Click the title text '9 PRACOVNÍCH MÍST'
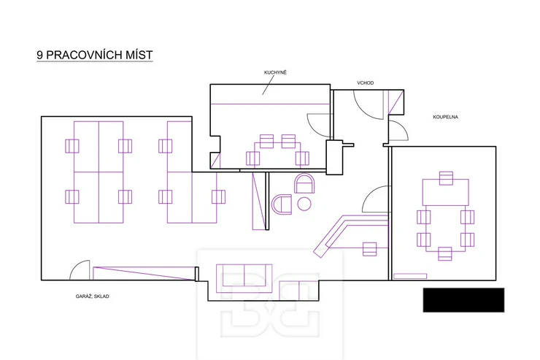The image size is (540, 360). (95, 55)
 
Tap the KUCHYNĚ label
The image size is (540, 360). (275, 72)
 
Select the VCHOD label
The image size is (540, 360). (365, 83)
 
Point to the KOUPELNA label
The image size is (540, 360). (445, 117)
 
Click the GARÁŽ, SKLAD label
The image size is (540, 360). (92, 296)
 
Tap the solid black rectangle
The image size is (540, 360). (463, 300)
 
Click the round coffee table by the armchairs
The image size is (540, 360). (304, 204)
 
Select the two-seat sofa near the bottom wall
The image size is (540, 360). (244, 278)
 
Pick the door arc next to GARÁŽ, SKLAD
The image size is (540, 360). (75, 266)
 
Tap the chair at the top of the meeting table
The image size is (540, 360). (446, 178)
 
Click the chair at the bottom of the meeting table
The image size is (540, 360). (445, 254)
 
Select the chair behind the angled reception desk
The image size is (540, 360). (369, 249)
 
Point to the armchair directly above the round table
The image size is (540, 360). (304, 183)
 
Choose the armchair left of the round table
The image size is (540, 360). (282, 204)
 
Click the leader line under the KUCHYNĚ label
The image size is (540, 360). (269, 85)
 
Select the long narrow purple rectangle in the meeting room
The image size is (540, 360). (410, 276)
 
